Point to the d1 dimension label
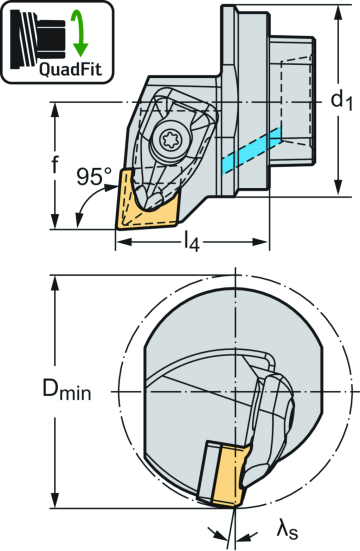pyautogui.click(x=344, y=100)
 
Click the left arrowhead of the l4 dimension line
pyautogui.click(x=121, y=241)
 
